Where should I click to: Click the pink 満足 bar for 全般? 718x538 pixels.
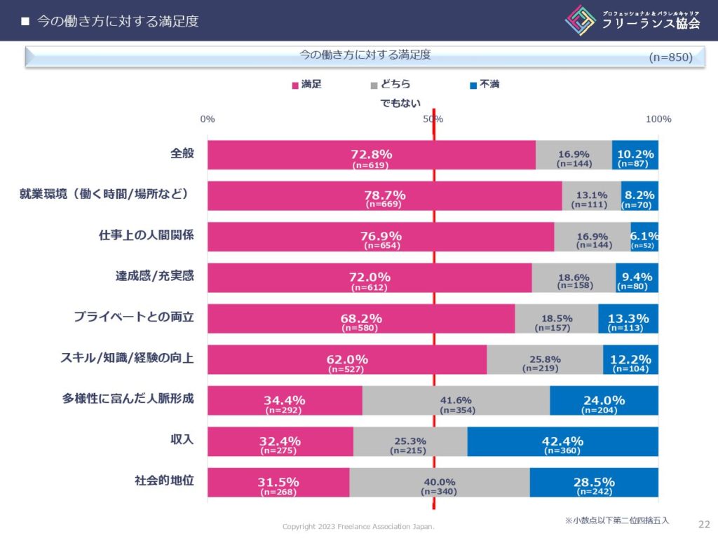[x=372, y=155]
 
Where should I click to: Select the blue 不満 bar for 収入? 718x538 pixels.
[x=562, y=441]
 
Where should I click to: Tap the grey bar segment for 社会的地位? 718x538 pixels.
[x=439, y=482]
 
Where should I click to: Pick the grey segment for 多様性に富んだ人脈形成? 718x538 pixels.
[x=456, y=400]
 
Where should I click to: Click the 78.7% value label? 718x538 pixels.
[x=385, y=195]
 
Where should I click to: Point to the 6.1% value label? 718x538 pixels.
[x=644, y=236]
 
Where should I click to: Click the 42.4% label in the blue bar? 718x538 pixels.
[x=562, y=441]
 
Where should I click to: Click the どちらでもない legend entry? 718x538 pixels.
[x=396, y=93]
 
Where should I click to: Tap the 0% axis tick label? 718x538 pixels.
[x=208, y=119]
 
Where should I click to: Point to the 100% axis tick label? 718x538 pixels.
[x=658, y=119]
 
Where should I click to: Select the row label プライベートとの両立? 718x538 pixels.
[x=134, y=317]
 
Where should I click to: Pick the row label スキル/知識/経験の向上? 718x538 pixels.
[x=127, y=358]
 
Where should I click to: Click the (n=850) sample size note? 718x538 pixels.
[x=670, y=57]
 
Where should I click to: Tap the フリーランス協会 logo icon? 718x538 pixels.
[x=581, y=20]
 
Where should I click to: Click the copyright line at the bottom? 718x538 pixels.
[x=358, y=526]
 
